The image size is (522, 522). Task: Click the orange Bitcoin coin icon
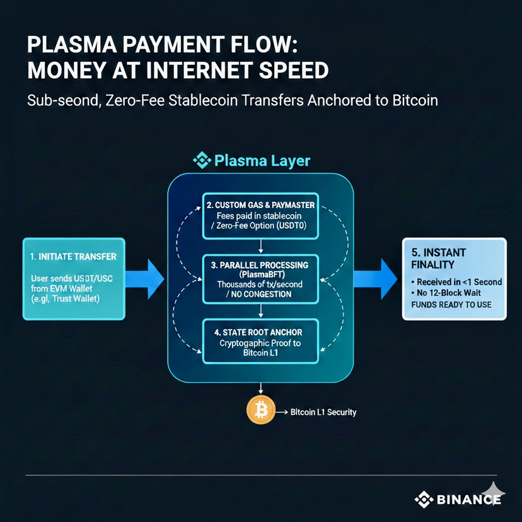259,412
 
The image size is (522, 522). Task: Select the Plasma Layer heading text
262,160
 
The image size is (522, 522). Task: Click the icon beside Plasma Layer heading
202,160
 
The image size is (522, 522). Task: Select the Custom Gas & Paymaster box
260,216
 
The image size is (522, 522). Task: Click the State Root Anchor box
260,341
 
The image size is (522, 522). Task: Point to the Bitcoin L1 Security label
323,412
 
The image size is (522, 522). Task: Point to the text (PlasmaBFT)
260,274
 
